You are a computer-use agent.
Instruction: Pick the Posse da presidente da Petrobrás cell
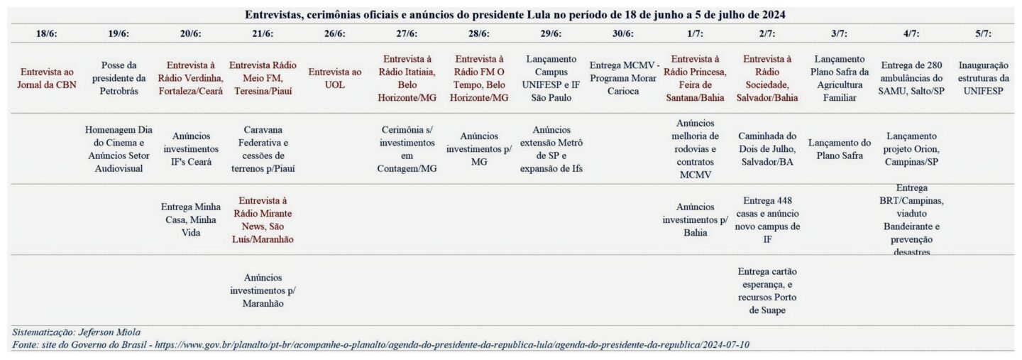point(119,77)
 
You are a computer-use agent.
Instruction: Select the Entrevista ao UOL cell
point(334,77)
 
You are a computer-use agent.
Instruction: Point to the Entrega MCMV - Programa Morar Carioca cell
point(625,77)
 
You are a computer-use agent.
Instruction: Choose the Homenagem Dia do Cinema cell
point(119,148)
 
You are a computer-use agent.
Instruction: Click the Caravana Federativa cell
point(263,148)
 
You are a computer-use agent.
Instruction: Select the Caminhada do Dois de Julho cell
point(767,148)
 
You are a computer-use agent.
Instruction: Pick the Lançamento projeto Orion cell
point(911,148)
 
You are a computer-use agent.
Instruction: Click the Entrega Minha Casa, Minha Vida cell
point(190,219)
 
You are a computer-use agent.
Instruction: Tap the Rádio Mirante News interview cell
point(263,219)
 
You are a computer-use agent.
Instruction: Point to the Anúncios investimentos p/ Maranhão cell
point(263,290)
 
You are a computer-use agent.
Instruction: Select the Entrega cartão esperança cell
point(767,290)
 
